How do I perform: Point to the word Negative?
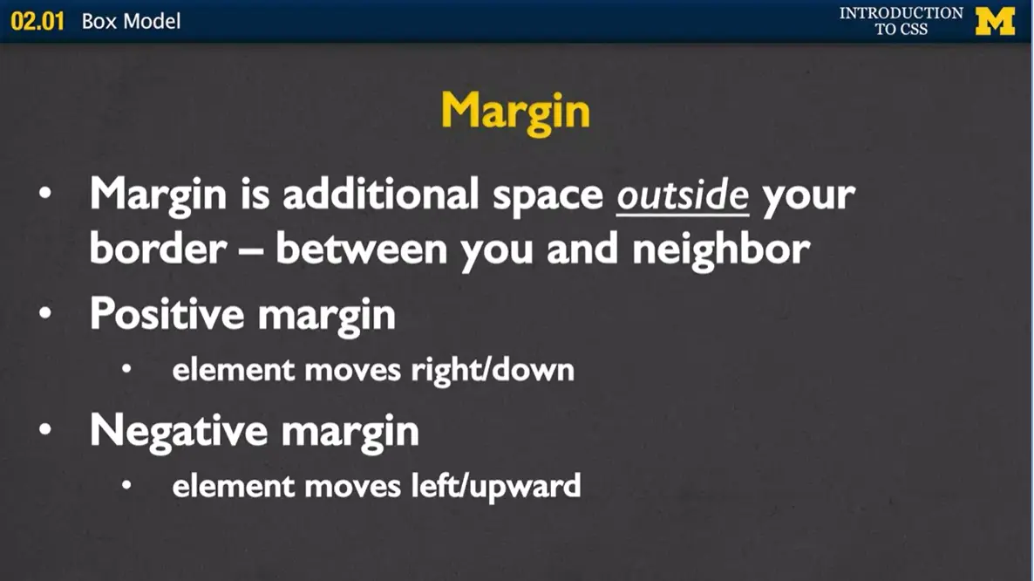[x=178, y=430]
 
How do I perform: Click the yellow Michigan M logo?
[x=995, y=20]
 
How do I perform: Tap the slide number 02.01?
[x=38, y=21]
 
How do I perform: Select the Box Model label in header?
[x=132, y=21]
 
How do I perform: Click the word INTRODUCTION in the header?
[x=901, y=13]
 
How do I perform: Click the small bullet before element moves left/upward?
[x=127, y=485]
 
